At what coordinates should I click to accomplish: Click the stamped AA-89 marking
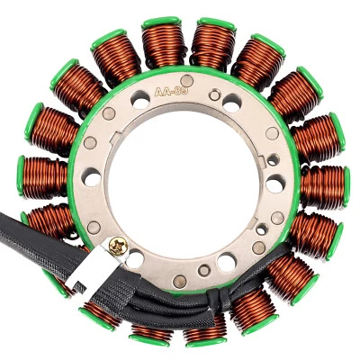[171, 92]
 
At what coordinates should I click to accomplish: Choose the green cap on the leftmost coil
[20, 176]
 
